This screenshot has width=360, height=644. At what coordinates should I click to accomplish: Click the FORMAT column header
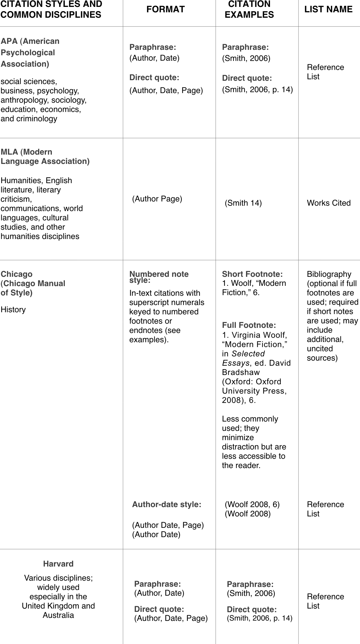(x=165, y=10)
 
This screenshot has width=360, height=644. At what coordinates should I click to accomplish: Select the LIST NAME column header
(x=328, y=10)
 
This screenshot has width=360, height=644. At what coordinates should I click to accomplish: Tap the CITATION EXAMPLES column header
(x=249, y=10)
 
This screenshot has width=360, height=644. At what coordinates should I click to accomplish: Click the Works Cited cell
(x=328, y=203)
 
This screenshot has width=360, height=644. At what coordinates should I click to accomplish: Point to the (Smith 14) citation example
(x=243, y=203)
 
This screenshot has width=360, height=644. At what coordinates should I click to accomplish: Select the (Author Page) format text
(x=157, y=199)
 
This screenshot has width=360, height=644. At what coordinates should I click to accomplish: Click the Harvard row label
(x=58, y=564)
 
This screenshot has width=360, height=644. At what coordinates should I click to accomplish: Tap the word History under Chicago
(x=13, y=310)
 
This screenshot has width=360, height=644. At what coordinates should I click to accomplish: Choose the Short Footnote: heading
(x=252, y=274)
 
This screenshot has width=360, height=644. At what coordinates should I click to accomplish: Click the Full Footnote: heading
(x=249, y=325)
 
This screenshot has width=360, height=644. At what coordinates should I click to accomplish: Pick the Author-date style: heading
(x=166, y=504)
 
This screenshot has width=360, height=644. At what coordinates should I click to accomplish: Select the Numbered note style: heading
(x=159, y=277)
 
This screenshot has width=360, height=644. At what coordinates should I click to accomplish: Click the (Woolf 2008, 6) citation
(x=252, y=504)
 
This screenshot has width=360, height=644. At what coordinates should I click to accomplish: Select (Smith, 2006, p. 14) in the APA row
(x=257, y=89)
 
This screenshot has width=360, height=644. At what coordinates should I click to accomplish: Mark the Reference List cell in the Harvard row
(x=325, y=601)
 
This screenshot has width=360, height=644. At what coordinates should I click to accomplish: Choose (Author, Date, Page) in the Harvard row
(x=171, y=618)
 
